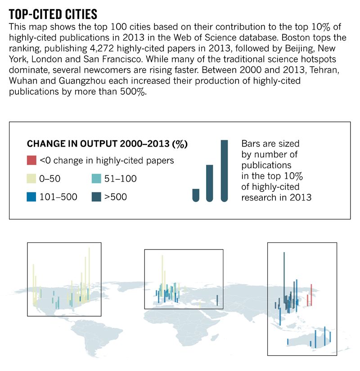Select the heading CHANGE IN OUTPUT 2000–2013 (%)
point(107,144)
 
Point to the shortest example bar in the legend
point(195,195)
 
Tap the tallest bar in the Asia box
point(284,279)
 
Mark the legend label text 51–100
point(120,179)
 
